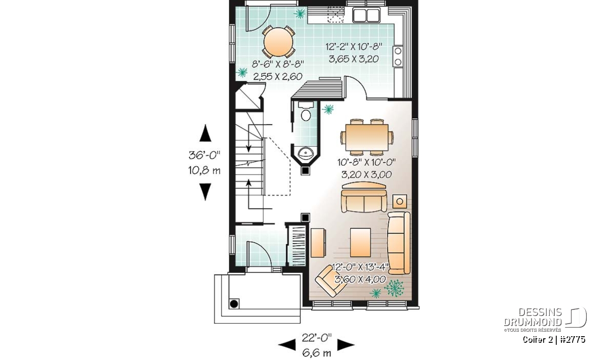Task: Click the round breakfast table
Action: (279, 43)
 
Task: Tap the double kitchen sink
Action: (366, 15)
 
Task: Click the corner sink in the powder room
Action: (306, 153)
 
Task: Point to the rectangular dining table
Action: (367, 138)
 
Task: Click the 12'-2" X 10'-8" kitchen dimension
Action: (354, 47)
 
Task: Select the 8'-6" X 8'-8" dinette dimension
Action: (278, 64)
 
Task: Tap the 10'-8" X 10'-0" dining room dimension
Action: (366, 163)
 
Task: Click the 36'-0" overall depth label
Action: (204, 155)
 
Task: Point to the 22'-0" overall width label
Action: (317, 338)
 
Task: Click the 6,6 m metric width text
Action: (317, 353)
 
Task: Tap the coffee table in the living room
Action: (360, 242)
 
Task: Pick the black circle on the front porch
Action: (234, 304)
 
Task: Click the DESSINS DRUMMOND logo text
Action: (533, 317)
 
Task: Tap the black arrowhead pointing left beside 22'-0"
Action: (287, 345)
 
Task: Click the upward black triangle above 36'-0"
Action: (205, 133)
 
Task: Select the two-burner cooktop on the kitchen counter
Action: (398, 56)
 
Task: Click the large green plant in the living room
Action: (394, 288)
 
